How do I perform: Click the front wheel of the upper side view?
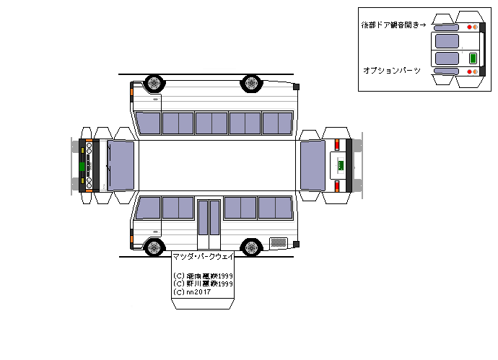pos(153,83)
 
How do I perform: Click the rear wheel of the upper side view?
pos(250,83)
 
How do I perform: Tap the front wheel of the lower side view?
pos(153,247)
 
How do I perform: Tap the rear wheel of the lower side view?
pos(250,247)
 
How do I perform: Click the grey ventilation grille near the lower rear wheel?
pos(278,241)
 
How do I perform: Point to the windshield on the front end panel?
pos(121,165)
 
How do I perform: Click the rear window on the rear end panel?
pos(313,165)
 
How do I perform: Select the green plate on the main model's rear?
pos(338,165)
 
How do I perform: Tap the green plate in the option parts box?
pos(473,58)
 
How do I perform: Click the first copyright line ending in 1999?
pos(203,276)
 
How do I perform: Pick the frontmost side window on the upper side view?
pos(149,123)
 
